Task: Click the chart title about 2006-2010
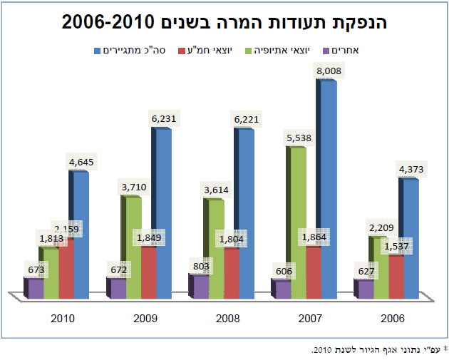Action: click(224, 23)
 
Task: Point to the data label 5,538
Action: click(297, 138)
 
